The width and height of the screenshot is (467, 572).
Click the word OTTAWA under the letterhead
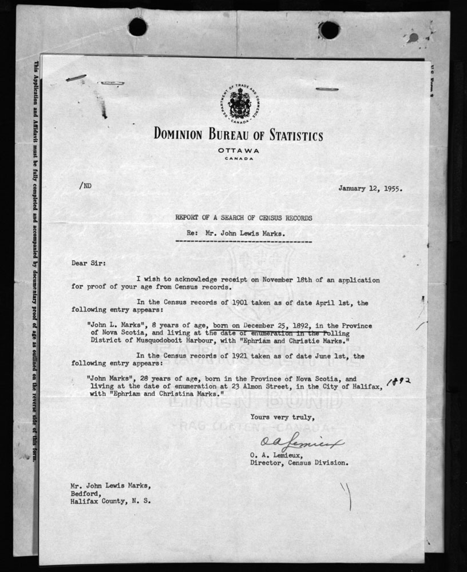(239, 150)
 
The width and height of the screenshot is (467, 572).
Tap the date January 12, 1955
(369, 188)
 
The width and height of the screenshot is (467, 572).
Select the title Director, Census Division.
(298, 463)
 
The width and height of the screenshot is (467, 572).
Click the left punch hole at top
(137, 26)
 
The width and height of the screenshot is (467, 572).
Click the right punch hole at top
(329, 30)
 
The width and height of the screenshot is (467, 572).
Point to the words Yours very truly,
(282, 417)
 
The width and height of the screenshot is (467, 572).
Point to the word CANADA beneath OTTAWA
(239, 158)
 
